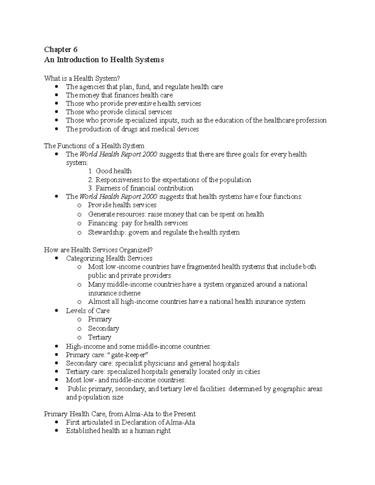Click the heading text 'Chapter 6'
pyautogui.click(x=61, y=49)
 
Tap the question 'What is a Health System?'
pyautogui.click(x=82, y=78)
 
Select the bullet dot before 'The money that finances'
pyautogui.click(x=56, y=95)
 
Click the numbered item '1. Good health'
pyautogui.click(x=110, y=171)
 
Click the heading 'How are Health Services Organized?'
pyautogui.click(x=98, y=250)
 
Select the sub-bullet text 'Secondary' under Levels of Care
pyautogui.click(x=103, y=329)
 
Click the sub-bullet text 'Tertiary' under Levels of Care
pyautogui.click(x=99, y=337)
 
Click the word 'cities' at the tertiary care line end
pyautogui.click(x=252, y=372)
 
